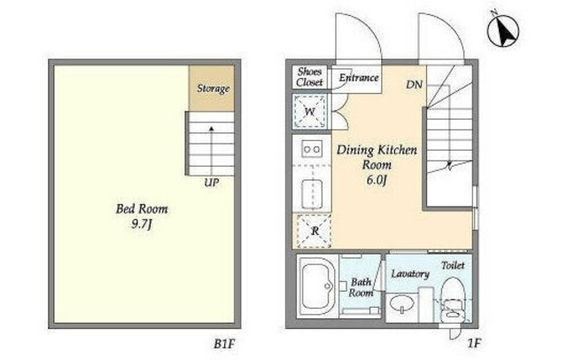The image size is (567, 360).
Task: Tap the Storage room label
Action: pyautogui.click(x=213, y=89)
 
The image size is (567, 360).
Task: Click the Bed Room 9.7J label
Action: pyautogui.click(x=142, y=216)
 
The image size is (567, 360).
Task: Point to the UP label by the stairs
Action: pyautogui.click(x=211, y=183)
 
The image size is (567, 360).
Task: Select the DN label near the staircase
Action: pyautogui.click(x=414, y=84)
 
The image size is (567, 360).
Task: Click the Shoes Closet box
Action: pyautogui.click(x=309, y=77)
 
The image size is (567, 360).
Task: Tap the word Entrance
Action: pyautogui.click(x=359, y=77)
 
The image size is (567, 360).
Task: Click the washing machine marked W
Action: pyautogui.click(x=309, y=112)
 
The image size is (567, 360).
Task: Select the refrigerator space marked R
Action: pyautogui.click(x=315, y=231)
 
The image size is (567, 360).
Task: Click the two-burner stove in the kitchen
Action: pyautogui.click(x=312, y=149)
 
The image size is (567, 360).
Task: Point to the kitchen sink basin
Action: pyautogui.click(x=312, y=194)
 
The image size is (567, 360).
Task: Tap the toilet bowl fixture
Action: pyautogui.click(x=453, y=297)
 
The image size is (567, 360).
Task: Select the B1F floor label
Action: pyautogui.click(x=224, y=344)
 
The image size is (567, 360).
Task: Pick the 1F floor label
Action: pyautogui.click(x=474, y=343)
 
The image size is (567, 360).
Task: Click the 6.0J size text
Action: pyautogui.click(x=377, y=180)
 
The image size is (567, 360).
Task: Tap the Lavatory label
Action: pyautogui.click(x=409, y=274)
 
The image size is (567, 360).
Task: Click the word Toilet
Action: pyautogui.click(x=453, y=266)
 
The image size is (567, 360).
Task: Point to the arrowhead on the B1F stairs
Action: pyautogui.click(x=211, y=128)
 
